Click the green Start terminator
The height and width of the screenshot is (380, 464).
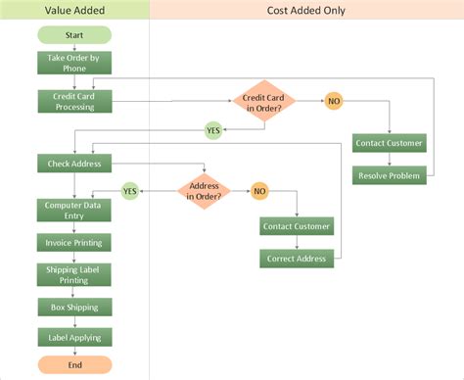coord(74,35)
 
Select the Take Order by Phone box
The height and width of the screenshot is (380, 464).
coord(74,64)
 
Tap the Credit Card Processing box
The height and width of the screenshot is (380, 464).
coord(74,101)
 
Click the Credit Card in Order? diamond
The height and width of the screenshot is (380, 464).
coord(261,101)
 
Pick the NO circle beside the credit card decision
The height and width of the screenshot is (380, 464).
coord(334,101)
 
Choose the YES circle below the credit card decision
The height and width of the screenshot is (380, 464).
coord(212,129)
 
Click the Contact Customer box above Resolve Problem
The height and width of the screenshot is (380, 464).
coord(390,143)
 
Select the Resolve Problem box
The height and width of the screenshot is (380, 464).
coord(390,175)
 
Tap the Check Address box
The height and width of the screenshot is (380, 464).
coord(74,163)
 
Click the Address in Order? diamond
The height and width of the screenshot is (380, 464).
coord(205,190)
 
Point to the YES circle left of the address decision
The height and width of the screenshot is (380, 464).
coord(130,190)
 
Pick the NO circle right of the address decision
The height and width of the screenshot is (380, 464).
coord(259,190)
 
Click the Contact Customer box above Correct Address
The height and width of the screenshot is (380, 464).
coord(298,226)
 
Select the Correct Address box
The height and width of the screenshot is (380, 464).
coord(298,259)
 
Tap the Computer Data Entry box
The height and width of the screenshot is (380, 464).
coord(74,210)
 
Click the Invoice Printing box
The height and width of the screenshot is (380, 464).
coord(74,241)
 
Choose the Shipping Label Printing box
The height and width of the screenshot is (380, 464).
coord(74,274)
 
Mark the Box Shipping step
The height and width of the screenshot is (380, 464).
coord(74,308)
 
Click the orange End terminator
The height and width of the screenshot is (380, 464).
coord(74,365)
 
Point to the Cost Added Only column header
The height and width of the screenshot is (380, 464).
coord(306,10)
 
